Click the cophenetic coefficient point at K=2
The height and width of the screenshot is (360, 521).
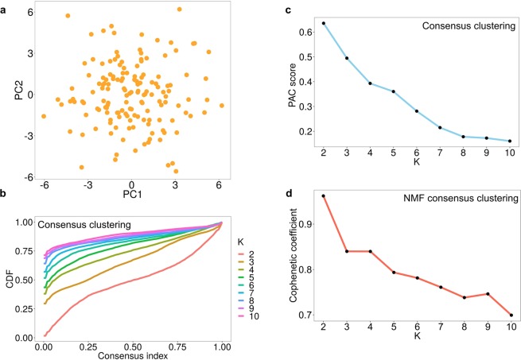click(x=325, y=195)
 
